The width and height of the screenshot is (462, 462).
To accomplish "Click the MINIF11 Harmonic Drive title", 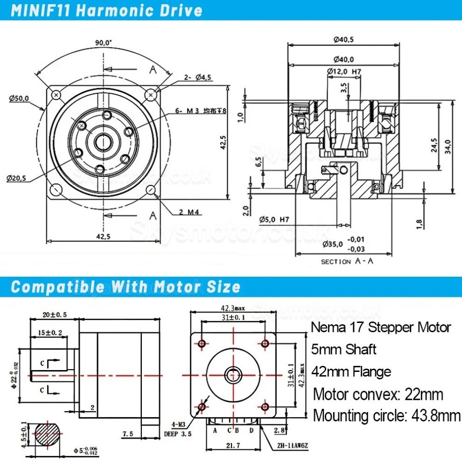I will point(106,10).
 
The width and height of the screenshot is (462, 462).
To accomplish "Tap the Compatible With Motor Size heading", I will point(126,286).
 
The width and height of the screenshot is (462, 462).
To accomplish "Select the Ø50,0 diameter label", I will point(19,98).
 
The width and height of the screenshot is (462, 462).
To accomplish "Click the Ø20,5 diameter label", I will point(17,178).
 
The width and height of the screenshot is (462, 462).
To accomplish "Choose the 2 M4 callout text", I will point(190,213).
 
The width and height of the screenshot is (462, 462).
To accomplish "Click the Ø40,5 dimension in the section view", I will point(343,40).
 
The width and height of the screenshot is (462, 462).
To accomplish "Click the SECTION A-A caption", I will point(347,261).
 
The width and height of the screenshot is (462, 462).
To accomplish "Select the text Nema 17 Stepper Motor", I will point(381,327).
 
